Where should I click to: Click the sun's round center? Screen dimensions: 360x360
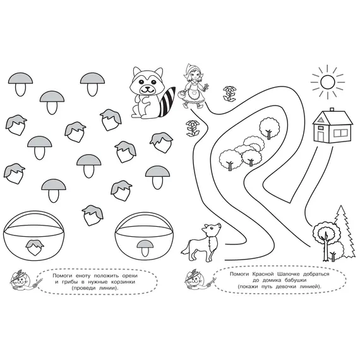tap(328, 82)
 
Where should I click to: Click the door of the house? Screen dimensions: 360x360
tap(321, 136)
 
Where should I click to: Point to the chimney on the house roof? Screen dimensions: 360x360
tap(332, 109)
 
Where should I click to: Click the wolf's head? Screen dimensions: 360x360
tap(212, 230)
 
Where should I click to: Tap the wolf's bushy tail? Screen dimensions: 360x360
tap(185, 249)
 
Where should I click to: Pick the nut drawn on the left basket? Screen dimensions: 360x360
tap(35, 248)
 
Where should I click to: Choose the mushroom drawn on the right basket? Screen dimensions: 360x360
tap(145, 248)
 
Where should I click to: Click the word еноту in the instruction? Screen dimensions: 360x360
tap(83, 276)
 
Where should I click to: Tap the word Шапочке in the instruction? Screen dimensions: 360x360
tap(289, 274)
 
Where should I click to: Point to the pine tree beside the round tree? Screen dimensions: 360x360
tap(343, 231)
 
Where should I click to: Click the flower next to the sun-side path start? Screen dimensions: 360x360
tap(230, 93)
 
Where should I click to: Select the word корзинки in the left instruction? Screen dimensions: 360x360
tap(124, 282)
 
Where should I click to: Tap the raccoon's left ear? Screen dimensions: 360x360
tap(137, 71)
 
